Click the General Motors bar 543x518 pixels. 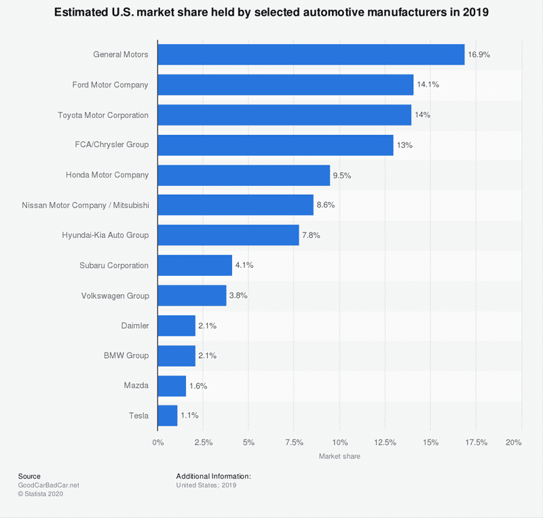(311, 55)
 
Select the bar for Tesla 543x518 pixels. (168, 416)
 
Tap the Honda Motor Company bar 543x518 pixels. (244, 175)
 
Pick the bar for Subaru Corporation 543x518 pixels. (195, 265)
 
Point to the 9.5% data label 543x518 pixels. (342, 175)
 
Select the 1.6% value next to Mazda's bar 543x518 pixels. (198, 386)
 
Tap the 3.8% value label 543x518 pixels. (239, 296)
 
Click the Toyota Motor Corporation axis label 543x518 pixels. (103, 115)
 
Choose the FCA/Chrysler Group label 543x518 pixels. (112, 145)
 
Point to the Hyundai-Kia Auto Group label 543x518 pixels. (105, 235)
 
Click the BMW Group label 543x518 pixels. (126, 355)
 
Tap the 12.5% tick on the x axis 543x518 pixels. (385, 443)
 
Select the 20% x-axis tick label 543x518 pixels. (514, 443)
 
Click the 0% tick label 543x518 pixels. (157, 443)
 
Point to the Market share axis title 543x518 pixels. (339, 456)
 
